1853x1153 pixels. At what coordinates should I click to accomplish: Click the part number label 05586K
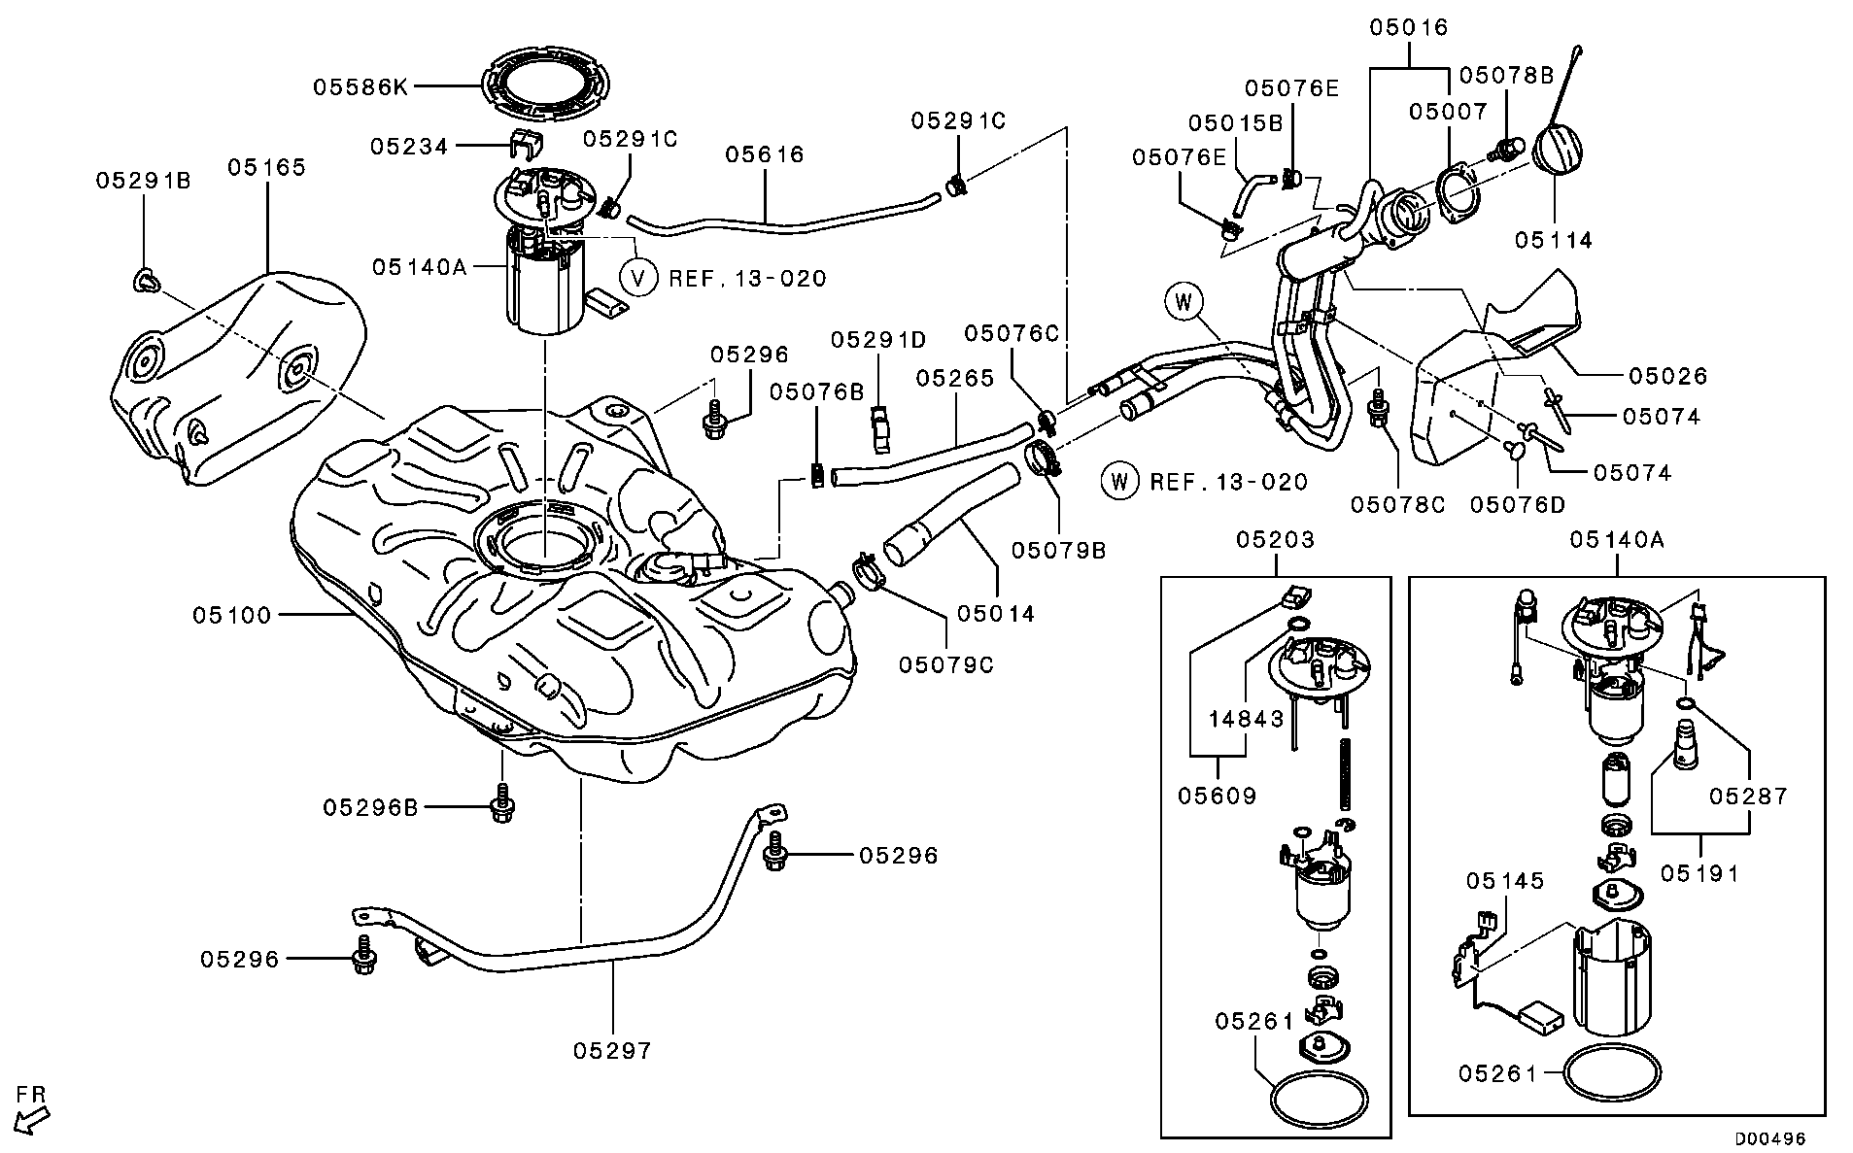(x=360, y=86)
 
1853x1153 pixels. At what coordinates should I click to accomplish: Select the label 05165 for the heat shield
(x=267, y=167)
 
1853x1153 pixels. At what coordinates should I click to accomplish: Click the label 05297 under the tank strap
(x=612, y=1050)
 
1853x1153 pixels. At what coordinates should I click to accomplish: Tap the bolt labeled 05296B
(x=501, y=805)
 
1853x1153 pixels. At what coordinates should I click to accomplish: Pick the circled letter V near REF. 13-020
(x=638, y=278)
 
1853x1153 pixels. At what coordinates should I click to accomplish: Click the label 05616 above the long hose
(x=765, y=153)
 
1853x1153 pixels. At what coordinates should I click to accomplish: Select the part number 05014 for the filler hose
(x=996, y=614)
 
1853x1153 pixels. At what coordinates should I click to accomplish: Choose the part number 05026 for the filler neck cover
(x=1667, y=375)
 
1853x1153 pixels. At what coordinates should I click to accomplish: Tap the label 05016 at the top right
(x=1409, y=27)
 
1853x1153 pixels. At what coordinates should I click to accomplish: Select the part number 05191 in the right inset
(x=1699, y=873)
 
